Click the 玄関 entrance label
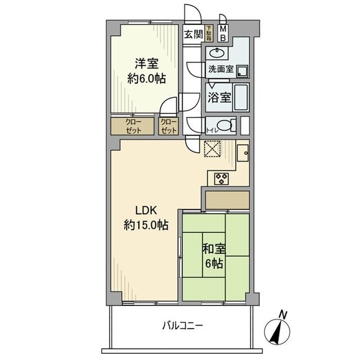point(193,34)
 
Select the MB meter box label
point(223,33)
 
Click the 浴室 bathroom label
point(219,97)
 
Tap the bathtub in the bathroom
point(241,97)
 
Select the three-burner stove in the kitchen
point(220,178)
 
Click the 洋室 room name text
point(146,64)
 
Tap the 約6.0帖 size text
point(146,79)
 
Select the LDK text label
point(145,212)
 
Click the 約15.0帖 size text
point(145,226)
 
